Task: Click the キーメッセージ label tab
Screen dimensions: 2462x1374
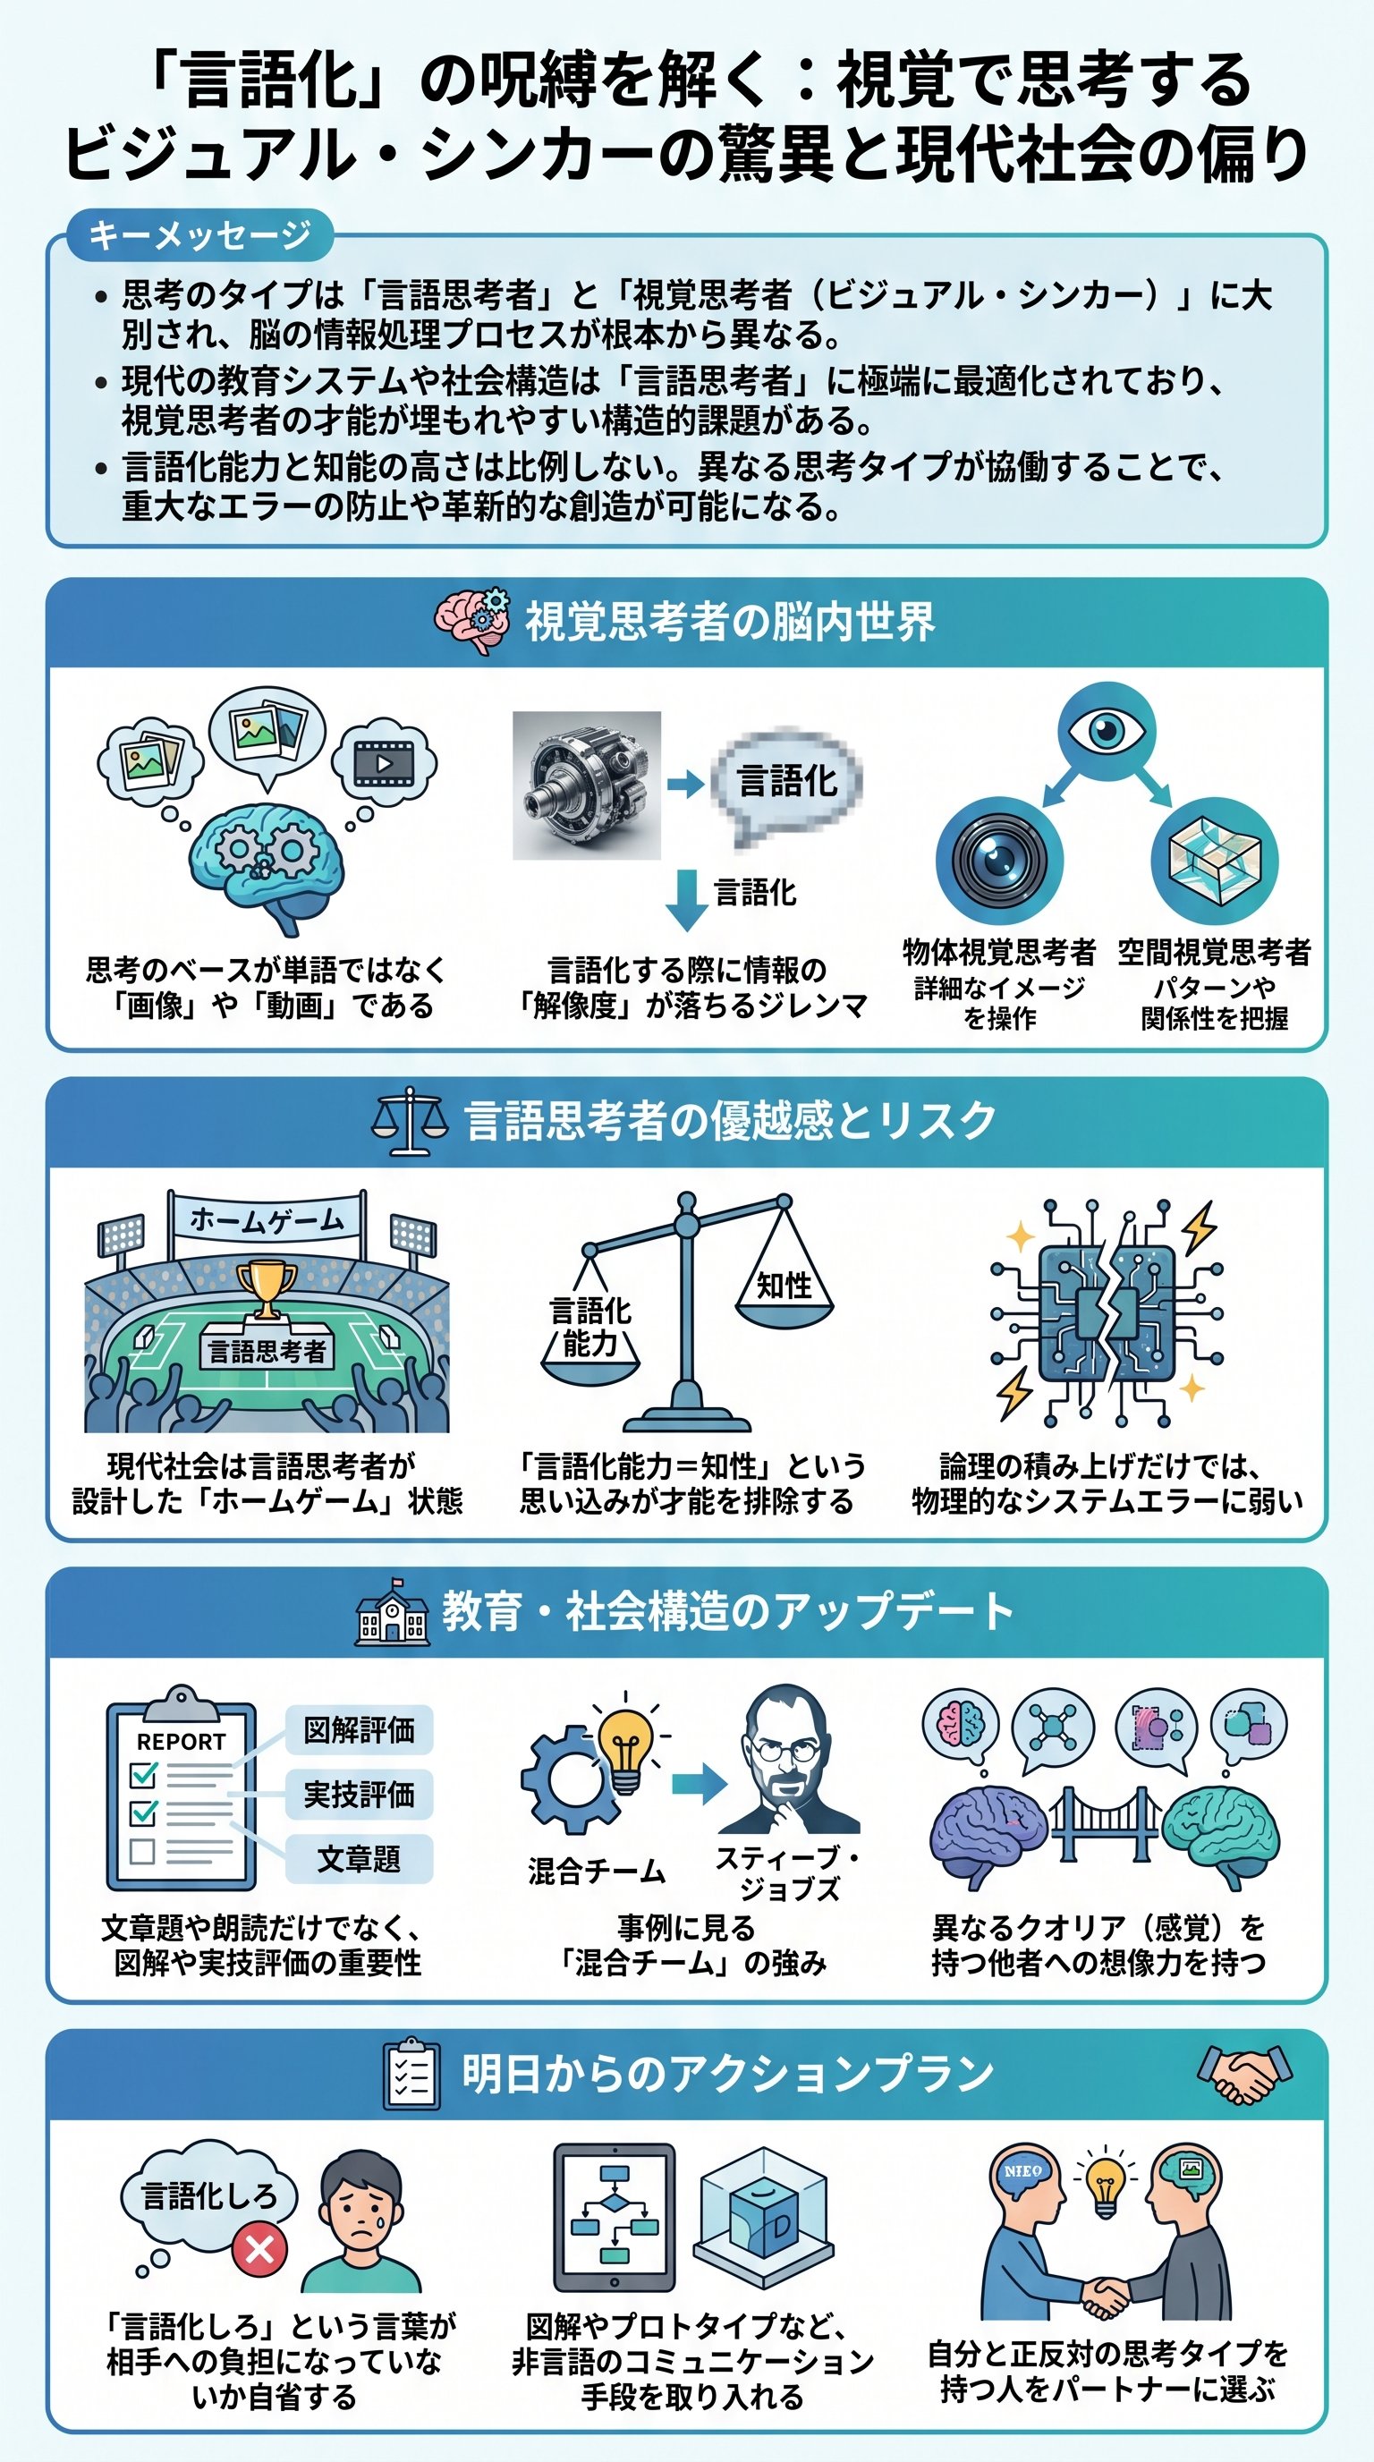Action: click(x=199, y=235)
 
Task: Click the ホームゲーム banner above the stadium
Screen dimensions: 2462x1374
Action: click(x=267, y=1220)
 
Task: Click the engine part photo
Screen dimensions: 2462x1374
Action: click(x=587, y=785)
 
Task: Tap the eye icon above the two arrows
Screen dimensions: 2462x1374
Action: click(x=1107, y=731)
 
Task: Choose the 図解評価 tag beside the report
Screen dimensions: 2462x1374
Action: click(x=360, y=1730)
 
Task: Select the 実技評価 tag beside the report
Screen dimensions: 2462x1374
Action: click(x=360, y=1795)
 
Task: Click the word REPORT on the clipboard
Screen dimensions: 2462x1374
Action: click(x=181, y=1743)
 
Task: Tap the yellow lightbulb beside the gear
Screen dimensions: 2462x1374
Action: click(x=625, y=1748)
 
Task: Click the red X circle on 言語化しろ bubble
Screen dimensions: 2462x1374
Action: click(x=260, y=2248)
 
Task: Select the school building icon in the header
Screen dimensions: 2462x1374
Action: click(x=391, y=1611)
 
